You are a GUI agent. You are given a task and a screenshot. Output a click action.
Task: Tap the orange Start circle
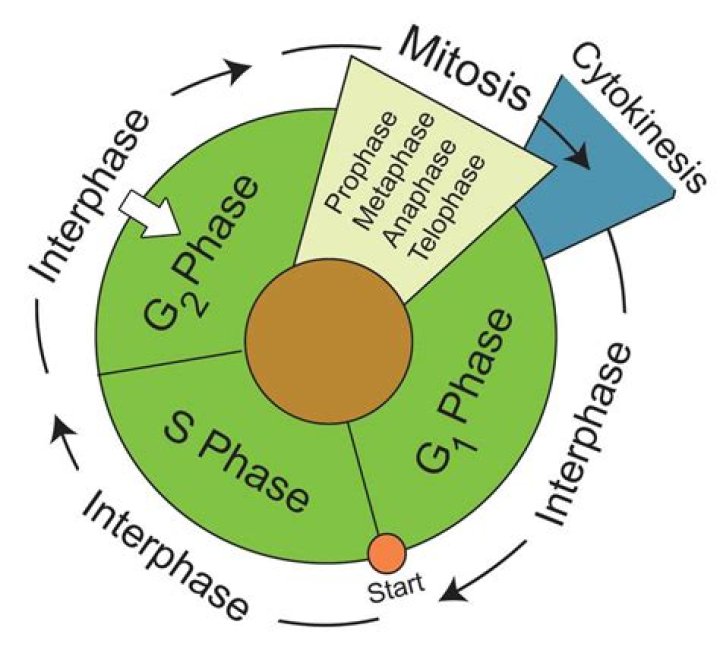tap(387, 552)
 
